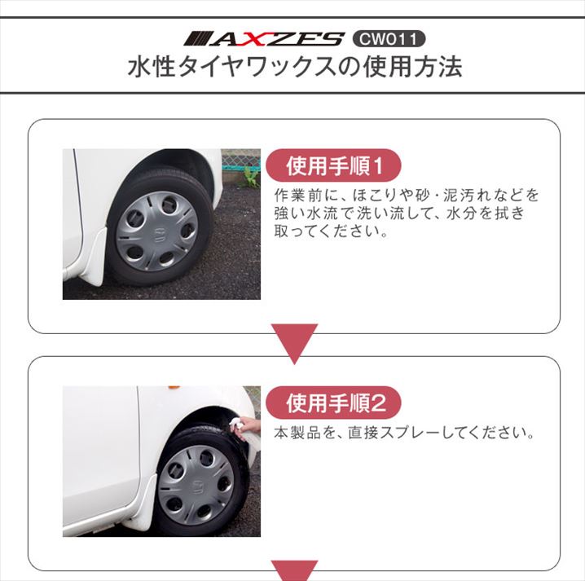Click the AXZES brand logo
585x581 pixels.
pyautogui.click(x=264, y=39)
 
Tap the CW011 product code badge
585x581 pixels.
pyautogui.click(x=389, y=39)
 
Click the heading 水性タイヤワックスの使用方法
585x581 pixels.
pyautogui.click(x=295, y=67)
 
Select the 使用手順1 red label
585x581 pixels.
pyautogui.click(x=333, y=165)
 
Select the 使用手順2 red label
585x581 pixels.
pyautogui.click(x=333, y=403)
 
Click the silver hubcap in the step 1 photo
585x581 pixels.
pyautogui.click(x=157, y=231)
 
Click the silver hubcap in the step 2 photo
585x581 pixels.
pyautogui.click(x=196, y=485)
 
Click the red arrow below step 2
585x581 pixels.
pyautogui.click(x=294, y=570)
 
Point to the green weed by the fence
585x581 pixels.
pyautogui.click(x=251, y=176)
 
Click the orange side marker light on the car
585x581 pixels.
pyautogui.click(x=174, y=388)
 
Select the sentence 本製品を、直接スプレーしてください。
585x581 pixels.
pyautogui.click(x=404, y=433)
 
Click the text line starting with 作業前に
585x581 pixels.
pyautogui.click(x=407, y=195)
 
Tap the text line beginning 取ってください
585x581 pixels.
pyautogui.click(x=331, y=231)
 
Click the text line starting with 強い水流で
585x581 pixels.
pyautogui.click(x=399, y=213)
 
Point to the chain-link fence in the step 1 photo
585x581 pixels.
pyautogui.click(x=240, y=160)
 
